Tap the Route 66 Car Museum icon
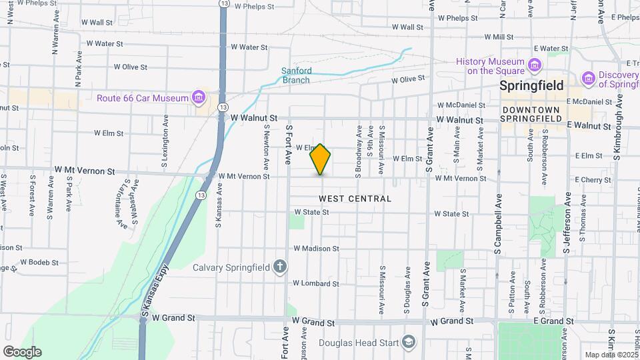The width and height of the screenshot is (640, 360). pyautogui.click(x=198, y=98)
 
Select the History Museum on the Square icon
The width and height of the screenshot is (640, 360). pyautogui.click(x=534, y=65)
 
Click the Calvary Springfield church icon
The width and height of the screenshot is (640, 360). pyautogui.click(x=280, y=267)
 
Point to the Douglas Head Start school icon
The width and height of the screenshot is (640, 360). pyautogui.click(x=408, y=343)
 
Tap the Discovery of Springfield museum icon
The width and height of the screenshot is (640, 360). pyautogui.click(x=589, y=79)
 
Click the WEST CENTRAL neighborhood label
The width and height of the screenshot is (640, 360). pyautogui.click(x=355, y=199)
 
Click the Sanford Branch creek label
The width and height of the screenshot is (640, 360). pyautogui.click(x=295, y=75)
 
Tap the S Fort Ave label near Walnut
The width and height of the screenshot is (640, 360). pyautogui.click(x=289, y=143)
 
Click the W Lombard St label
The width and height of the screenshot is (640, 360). pyautogui.click(x=317, y=283)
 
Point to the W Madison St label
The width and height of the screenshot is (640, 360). pyautogui.click(x=317, y=249)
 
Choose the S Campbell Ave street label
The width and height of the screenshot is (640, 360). pyautogui.click(x=497, y=224)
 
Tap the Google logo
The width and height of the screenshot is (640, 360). pyautogui.click(x=22, y=351)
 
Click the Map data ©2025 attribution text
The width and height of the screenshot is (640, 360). pyautogui.click(x=610, y=355)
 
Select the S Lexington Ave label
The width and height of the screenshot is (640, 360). pyautogui.click(x=164, y=145)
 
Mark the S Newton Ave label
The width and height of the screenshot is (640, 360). pyautogui.click(x=266, y=147)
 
